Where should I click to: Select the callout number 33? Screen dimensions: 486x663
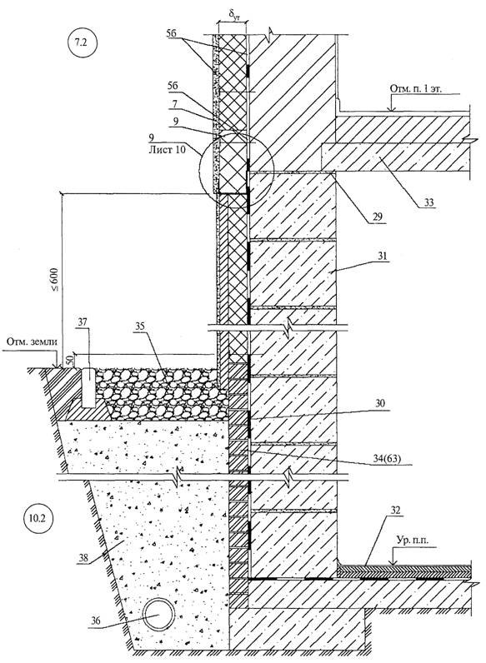coord(428,203)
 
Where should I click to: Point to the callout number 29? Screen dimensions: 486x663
coord(378,217)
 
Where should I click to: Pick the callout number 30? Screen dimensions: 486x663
coord(380,404)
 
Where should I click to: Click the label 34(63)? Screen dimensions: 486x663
coord(385,459)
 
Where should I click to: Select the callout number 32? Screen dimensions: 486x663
coord(394,510)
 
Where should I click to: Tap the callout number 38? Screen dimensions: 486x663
coord(83,558)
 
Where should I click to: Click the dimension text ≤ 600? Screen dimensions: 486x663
coord(56,281)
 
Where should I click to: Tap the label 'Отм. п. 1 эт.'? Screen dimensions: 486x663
coord(415,89)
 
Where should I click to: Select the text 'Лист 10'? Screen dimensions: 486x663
coord(168,149)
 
